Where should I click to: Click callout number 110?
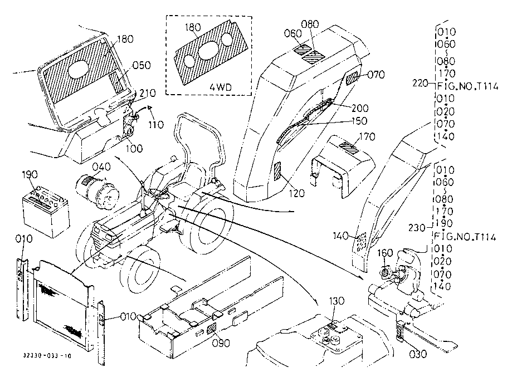click(x=156, y=125)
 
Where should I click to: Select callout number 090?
click(x=221, y=343)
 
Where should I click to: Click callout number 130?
click(x=336, y=301)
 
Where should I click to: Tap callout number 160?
click(x=385, y=253)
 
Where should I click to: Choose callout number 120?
click(x=297, y=193)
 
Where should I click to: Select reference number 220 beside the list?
click(x=420, y=84)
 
